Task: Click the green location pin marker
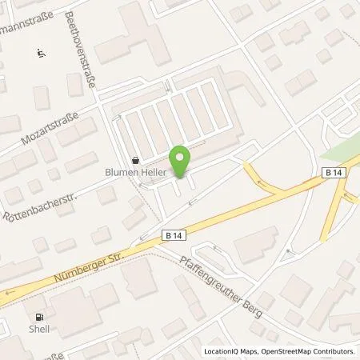click(x=181, y=162)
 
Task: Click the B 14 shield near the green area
click(x=334, y=173)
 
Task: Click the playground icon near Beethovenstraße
click(x=40, y=54)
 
